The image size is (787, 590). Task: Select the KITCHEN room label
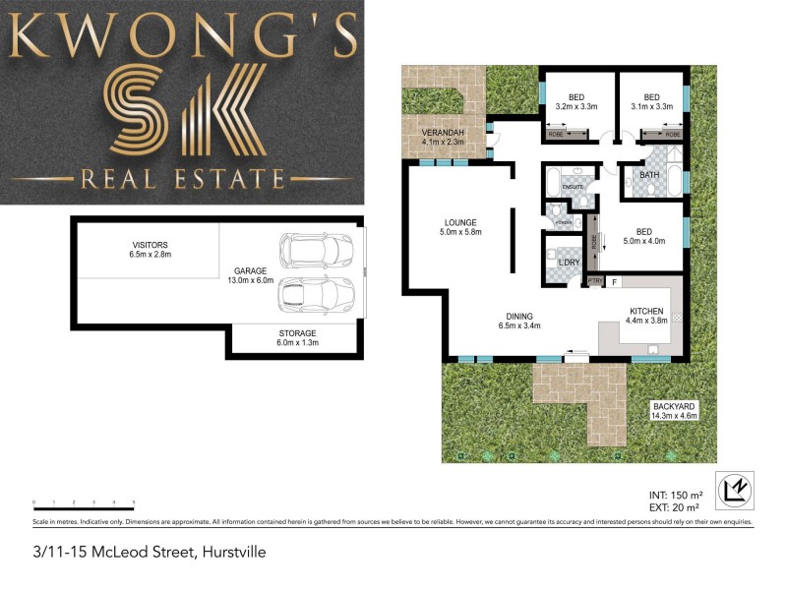click(x=648, y=314)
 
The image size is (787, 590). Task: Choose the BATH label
click(x=649, y=176)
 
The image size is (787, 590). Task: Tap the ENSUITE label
click(x=573, y=185)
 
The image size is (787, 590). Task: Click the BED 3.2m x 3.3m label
click(x=577, y=100)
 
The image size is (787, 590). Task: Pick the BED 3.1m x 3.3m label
click(x=651, y=100)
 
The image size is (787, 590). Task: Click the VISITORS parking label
click(x=150, y=249)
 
